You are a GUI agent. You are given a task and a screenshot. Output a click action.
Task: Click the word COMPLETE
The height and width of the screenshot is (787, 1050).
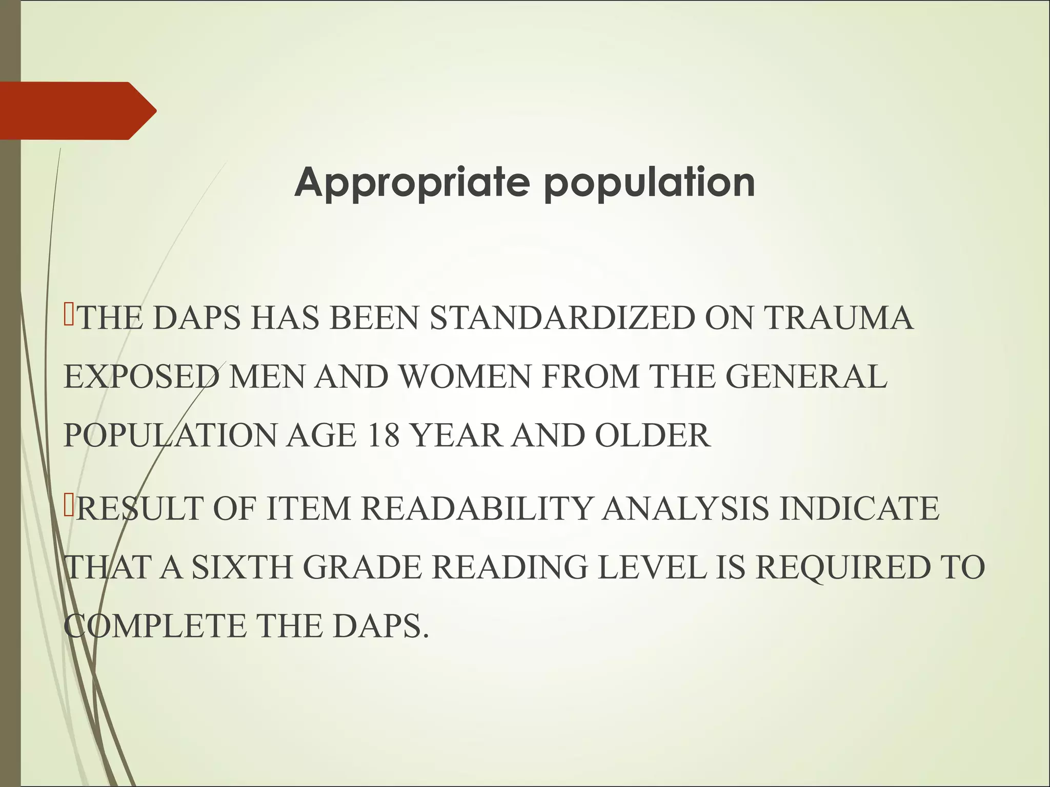pyautogui.click(x=156, y=626)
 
